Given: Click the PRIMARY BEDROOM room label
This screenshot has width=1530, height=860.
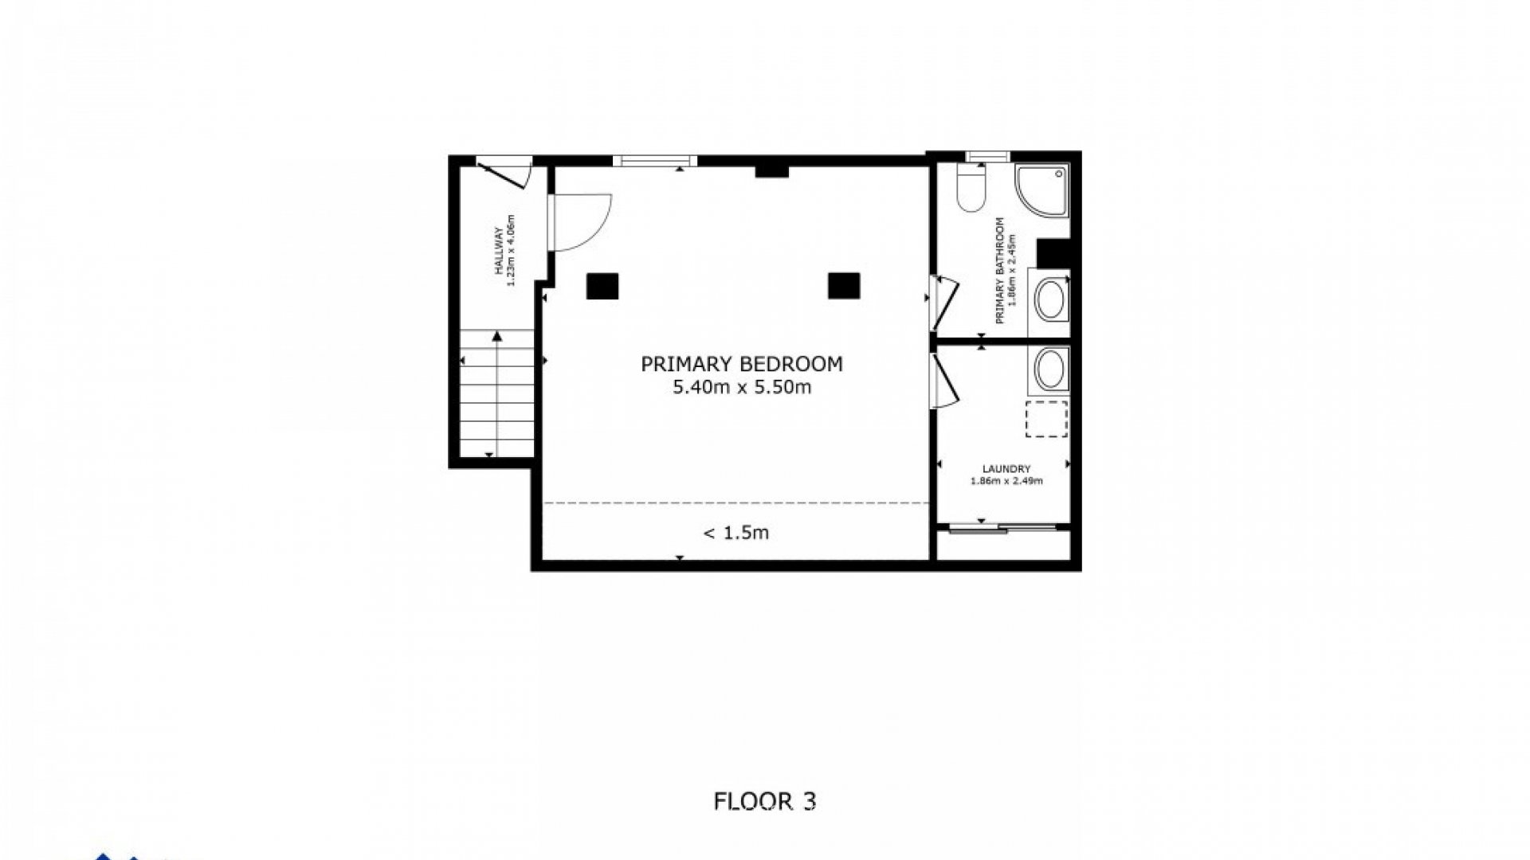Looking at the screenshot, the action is point(742,364).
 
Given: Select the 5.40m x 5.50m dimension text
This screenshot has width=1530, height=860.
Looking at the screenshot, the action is point(742,388).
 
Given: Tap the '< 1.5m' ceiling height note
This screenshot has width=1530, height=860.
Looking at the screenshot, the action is point(736,533).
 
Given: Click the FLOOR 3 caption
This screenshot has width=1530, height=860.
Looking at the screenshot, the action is point(765,801).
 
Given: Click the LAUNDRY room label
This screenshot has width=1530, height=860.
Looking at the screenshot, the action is point(1006,469).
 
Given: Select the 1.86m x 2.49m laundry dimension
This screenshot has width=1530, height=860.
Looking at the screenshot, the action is point(1006,481).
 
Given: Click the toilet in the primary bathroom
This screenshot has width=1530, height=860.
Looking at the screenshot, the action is point(971,187).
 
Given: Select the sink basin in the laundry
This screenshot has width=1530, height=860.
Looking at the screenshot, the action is point(1050,369).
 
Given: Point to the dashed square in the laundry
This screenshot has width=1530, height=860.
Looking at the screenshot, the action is point(1046,419).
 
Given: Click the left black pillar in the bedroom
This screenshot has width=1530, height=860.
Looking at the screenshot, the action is point(602,286).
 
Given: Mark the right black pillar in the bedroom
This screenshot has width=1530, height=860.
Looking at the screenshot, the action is point(844,285).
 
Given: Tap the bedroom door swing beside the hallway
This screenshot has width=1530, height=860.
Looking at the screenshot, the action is point(579,222).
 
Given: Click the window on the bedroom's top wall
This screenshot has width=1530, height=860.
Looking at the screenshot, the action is point(654,161).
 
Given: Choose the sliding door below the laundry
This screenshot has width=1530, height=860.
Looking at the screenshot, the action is point(1002,527).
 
